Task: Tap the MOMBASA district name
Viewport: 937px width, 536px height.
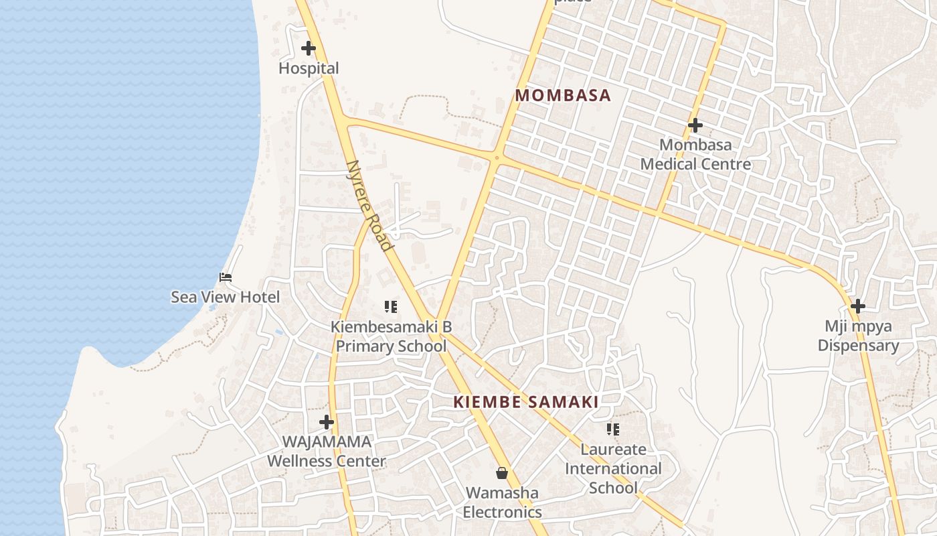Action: click(563, 95)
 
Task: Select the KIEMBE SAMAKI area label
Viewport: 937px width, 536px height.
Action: click(526, 402)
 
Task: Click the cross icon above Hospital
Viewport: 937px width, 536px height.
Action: click(309, 48)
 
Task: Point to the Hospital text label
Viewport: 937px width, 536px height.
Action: click(309, 68)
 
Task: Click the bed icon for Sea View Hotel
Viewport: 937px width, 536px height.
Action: click(226, 277)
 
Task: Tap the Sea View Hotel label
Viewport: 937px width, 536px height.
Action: click(226, 297)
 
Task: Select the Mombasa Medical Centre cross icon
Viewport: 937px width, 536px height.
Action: click(695, 125)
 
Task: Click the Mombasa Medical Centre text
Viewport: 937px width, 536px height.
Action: click(695, 155)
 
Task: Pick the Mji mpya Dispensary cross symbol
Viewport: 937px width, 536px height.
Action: click(857, 306)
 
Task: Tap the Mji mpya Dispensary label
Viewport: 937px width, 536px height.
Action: click(858, 336)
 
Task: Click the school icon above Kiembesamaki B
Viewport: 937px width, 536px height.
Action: click(391, 307)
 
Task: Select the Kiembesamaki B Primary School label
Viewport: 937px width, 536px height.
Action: click(392, 336)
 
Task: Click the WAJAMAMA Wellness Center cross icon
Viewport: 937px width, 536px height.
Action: click(327, 422)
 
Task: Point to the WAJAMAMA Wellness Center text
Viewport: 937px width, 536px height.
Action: click(327, 452)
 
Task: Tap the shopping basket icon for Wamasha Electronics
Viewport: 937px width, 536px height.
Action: click(502, 474)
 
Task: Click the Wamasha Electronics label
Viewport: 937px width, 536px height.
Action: click(502, 503)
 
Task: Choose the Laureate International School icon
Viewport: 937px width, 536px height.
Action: click(612, 429)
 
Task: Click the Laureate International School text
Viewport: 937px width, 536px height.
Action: click(612, 468)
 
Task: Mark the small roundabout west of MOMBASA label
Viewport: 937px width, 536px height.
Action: click(496, 158)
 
